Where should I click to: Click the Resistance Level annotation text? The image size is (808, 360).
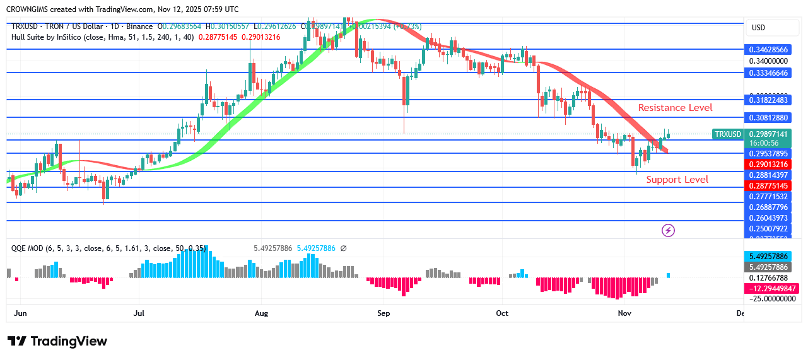point(675,108)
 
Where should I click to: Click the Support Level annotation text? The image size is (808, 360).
point(677,180)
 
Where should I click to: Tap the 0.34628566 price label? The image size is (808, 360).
point(767,49)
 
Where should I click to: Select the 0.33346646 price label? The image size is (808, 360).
point(767,73)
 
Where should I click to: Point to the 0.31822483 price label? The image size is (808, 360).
point(767,100)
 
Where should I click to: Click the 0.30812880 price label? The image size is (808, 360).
point(767,118)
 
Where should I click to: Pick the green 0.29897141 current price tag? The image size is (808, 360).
point(767,134)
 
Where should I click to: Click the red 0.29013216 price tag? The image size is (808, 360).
point(767,165)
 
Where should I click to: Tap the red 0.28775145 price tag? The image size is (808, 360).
point(767,186)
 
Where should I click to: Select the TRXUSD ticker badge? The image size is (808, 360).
point(727,134)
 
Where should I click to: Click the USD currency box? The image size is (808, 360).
point(758,28)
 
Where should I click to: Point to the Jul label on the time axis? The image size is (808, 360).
point(139,313)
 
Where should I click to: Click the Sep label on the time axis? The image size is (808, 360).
point(384,313)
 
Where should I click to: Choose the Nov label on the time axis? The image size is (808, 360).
point(624,313)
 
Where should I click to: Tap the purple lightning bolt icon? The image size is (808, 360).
point(668,231)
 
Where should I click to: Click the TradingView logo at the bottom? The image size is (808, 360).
point(57,341)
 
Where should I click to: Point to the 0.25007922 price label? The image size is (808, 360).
point(767,228)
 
